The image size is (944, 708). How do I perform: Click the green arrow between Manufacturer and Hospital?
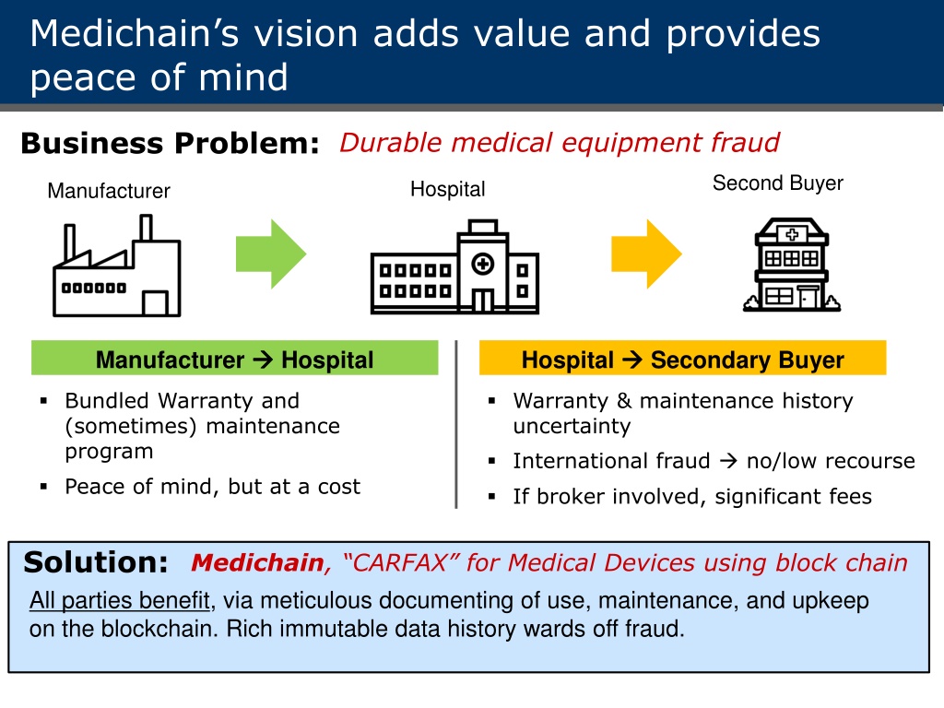point(271,254)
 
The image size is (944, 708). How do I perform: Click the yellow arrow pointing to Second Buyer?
point(646,254)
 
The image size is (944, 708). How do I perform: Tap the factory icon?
point(117,265)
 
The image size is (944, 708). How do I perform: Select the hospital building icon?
point(454,266)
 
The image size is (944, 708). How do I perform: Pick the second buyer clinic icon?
point(792,265)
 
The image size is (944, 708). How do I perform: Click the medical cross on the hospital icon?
point(483,264)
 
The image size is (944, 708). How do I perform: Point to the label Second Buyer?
point(778,183)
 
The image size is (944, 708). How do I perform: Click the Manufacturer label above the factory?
point(109,191)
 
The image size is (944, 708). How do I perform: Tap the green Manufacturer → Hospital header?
point(235,359)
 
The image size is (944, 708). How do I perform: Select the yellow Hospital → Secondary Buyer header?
point(683,359)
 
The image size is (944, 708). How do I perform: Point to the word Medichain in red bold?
point(258,563)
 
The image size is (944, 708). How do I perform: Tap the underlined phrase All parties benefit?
point(120,600)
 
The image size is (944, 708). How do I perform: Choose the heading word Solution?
point(96,562)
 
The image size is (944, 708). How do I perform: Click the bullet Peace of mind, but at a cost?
point(213,487)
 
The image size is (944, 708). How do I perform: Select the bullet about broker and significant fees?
point(692,496)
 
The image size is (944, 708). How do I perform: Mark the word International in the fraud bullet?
point(612,461)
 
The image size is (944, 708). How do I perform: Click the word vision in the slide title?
point(306,33)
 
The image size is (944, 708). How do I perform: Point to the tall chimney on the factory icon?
point(146,229)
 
